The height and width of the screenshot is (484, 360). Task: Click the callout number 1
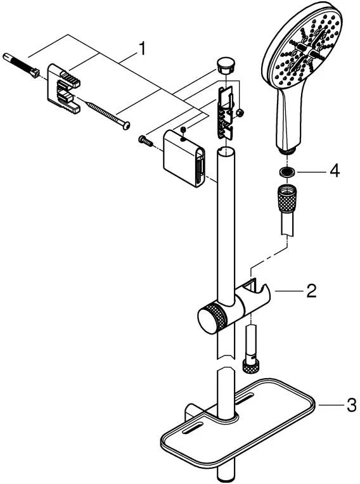click(142, 49)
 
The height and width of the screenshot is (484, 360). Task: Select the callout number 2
click(311, 291)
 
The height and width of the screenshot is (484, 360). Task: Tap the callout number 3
click(351, 405)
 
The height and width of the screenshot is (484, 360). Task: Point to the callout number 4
click(335, 170)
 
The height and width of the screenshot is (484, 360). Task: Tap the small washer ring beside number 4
click(286, 171)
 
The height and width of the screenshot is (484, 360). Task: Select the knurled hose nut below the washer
click(287, 198)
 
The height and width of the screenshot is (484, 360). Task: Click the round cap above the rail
click(226, 65)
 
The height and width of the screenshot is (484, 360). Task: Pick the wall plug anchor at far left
click(21, 66)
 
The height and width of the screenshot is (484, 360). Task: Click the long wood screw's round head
click(126, 125)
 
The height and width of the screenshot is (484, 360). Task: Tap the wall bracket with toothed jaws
click(63, 88)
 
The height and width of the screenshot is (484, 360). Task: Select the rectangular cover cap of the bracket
click(184, 158)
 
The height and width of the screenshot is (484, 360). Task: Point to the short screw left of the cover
click(145, 141)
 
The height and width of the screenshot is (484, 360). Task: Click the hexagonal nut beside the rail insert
click(240, 113)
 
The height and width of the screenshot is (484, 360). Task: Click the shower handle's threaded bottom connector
click(288, 151)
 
